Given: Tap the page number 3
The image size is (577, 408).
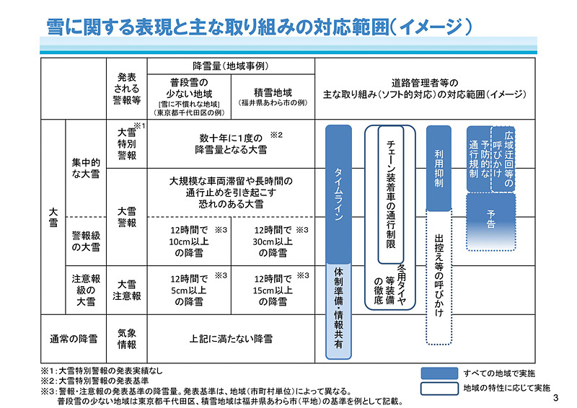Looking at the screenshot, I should pos(555,399).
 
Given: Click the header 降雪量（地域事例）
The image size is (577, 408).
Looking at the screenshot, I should pos(231,65).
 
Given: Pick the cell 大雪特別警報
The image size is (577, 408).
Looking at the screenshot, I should pos(127,144).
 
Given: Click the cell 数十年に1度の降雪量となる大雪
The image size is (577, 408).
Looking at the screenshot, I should pos(231,143).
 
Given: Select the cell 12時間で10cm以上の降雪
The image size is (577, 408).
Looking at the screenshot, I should pos(189,241).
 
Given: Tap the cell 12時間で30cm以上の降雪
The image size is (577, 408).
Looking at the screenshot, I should pos(273,241).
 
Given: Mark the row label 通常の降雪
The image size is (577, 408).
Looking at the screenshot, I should pos(73,337).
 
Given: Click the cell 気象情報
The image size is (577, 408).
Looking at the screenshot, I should pos(127,337).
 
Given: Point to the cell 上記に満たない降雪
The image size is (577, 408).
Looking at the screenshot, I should pos(231,337).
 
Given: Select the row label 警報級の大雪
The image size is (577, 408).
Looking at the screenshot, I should pos(86,241).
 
